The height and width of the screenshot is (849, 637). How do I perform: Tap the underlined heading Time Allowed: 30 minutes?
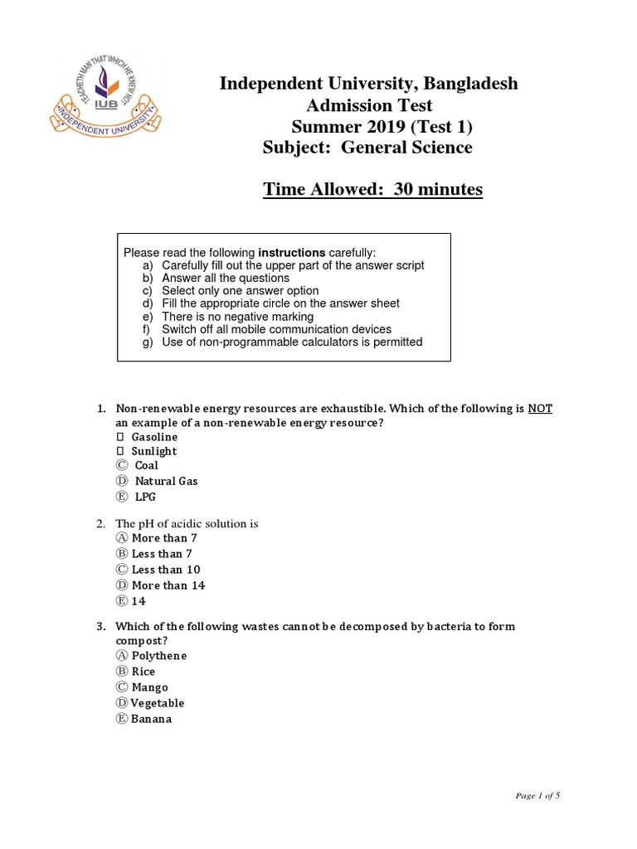coord(372,190)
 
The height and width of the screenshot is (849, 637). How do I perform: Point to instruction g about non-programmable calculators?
coord(291,342)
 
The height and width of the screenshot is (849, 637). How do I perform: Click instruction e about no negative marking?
coord(237,317)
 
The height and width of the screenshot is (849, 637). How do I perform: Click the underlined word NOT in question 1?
coord(540,409)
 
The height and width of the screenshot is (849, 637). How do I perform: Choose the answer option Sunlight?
coord(153,451)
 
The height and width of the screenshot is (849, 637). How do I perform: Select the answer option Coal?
coord(146,465)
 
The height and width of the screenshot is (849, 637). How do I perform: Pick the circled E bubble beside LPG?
coord(123,497)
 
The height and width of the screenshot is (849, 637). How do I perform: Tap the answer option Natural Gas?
coord(166,481)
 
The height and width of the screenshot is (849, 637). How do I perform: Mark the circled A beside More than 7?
coord(123,538)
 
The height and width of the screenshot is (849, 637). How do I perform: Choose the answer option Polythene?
coord(159,656)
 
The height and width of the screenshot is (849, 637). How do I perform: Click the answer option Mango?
coord(149,687)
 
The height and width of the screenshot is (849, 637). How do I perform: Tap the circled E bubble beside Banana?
coord(123,719)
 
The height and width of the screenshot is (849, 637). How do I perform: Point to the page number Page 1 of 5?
coord(537,796)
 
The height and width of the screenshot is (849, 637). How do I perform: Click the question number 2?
coord(100,524)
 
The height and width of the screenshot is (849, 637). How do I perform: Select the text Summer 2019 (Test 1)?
coord(384,127)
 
